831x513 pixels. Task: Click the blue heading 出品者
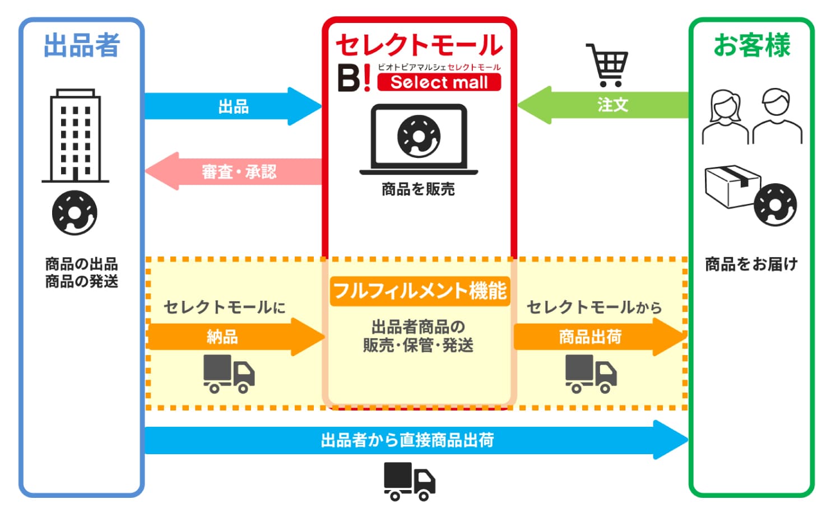point(82,45)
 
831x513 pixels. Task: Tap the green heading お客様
point(751,45)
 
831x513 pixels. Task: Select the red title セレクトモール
point(419,45)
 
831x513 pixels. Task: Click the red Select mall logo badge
point(439,82)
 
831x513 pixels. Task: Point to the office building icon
point(75,136)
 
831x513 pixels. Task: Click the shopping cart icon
point(608,64)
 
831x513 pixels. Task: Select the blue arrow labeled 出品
point(233,106)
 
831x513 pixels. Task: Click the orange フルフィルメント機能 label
point(420,291)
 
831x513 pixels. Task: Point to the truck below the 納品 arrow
point(229,374)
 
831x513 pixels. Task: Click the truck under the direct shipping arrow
point(409,481)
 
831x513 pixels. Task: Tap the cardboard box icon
point(731,186)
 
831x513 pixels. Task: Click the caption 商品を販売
point(418,189)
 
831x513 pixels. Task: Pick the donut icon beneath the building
point(75,213)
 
